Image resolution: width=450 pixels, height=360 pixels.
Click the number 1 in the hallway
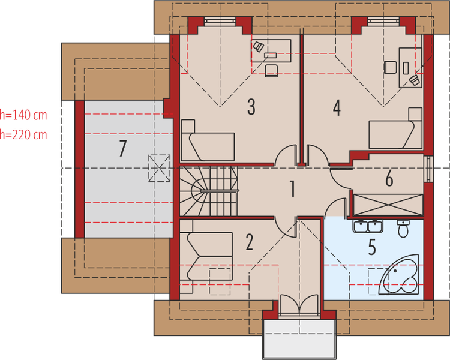(x=292, y=189)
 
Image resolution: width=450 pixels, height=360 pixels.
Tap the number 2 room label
(x=250, y=242)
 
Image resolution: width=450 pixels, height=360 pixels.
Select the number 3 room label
(x=251, y=107)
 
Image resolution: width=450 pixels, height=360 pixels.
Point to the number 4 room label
(x=337, y=108)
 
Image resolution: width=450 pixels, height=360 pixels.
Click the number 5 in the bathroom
(x=371, y=247)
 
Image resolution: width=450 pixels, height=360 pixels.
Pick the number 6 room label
(x=389, y=178)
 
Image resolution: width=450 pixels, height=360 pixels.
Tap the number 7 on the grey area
(x=124, y=146)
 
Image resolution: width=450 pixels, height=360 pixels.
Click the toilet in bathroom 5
(x=403, y=227)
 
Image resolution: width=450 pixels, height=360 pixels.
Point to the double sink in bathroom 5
(x=368, y=226)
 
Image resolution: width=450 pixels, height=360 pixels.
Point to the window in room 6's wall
(x=428, y=169)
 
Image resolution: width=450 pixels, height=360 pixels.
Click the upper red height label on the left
(x=24, y=112)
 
